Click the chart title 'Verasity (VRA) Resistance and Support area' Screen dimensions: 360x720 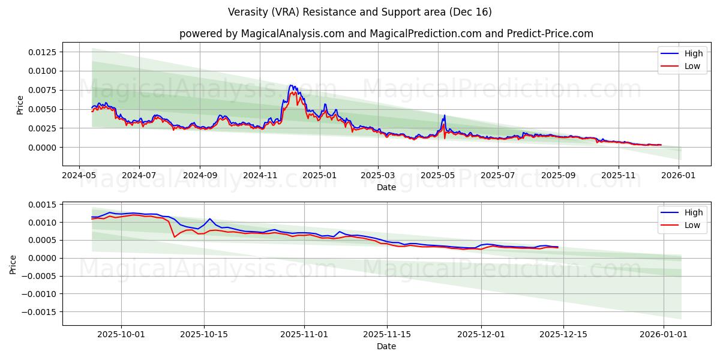(359, 12)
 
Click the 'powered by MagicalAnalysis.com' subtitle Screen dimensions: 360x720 (386, 34)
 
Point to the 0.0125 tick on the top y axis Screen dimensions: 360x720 (43, 52)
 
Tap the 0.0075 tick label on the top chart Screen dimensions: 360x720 (43, 90)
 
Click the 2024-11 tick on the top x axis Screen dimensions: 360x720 (259, 176)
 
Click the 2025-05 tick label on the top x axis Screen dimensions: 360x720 (437, 176)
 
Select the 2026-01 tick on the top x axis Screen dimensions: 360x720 (679, 176)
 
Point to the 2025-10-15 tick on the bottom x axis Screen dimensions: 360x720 (203, 335)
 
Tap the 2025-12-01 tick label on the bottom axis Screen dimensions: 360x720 (481, 335)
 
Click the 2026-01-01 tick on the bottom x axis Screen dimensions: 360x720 (663, 335)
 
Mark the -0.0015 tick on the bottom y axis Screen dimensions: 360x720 (39, 312)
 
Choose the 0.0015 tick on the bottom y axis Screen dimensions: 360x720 (43, 205)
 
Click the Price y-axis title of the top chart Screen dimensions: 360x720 (20, 105)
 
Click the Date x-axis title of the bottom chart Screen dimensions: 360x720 (386, 346)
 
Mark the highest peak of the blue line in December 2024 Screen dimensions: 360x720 (291, 85)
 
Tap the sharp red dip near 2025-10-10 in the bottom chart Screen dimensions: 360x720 (175, 237)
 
